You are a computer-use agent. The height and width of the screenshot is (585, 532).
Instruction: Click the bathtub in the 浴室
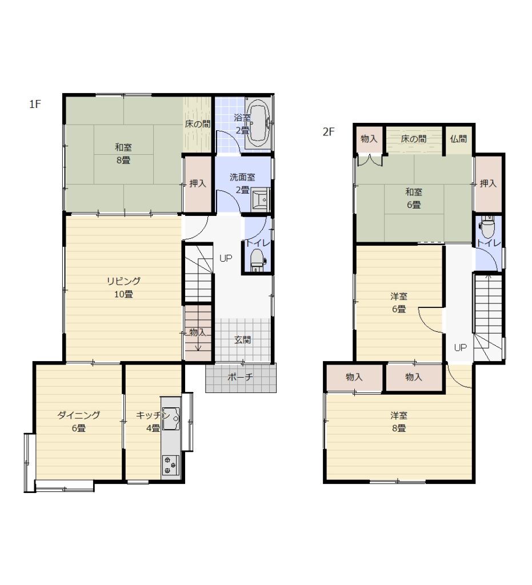[258, 123]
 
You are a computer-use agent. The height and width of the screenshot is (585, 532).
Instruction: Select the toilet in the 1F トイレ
[257, 260]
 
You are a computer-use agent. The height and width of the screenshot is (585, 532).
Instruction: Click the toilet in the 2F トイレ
[487, 227]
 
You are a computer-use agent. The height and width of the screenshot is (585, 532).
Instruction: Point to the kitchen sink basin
[171, 419]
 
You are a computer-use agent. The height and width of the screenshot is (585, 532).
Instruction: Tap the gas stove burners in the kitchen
[170, 465]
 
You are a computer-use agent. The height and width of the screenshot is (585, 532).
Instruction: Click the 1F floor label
[35, 104]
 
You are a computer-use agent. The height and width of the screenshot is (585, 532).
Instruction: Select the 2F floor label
[329, 132]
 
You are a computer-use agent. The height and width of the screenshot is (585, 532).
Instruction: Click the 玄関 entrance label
[242, 340]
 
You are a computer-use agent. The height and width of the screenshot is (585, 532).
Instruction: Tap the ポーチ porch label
[240, 377]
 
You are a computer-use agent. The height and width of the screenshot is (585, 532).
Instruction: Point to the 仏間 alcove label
[458, 139]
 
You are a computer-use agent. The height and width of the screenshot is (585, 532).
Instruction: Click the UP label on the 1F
[226, 258]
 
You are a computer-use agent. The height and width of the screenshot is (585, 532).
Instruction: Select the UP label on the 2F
[461, 347]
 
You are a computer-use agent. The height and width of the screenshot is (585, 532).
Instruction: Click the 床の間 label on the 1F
[197, 124]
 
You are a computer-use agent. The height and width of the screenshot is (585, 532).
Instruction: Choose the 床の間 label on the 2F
[414, 139]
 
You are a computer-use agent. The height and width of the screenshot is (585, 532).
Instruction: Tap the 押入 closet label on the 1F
[198, 183]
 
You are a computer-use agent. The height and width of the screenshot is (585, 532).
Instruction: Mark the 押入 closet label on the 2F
[488, 183]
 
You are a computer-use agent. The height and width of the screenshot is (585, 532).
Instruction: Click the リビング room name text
[123, 281]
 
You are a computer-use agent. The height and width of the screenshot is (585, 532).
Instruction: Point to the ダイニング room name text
[79, 415]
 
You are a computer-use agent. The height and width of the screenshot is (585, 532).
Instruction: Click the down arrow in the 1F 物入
[198, 343]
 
